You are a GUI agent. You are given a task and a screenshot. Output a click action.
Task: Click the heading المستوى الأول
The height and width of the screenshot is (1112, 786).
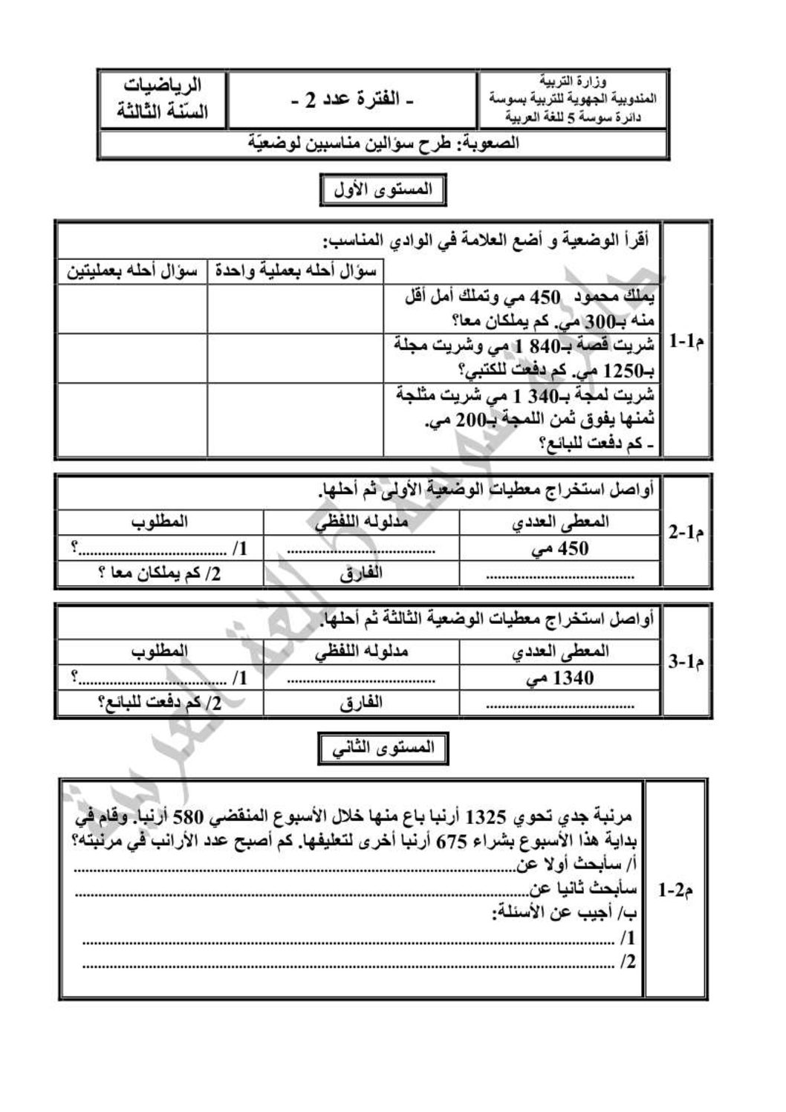[383, 190]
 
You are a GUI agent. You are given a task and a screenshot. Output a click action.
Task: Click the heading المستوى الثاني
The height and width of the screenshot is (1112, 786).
[383, 749]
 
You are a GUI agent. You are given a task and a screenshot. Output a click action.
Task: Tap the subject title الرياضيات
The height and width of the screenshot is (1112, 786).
[162, 84]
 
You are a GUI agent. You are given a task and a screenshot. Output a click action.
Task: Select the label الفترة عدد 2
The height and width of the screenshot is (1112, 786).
[352, 100]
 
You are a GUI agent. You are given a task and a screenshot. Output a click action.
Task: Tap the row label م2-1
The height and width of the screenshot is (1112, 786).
[675, 888]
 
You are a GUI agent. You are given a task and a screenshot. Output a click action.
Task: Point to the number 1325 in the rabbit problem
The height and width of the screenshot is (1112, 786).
[484, 818]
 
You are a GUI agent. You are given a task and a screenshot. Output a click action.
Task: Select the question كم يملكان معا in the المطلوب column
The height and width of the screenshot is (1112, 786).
[159, 573]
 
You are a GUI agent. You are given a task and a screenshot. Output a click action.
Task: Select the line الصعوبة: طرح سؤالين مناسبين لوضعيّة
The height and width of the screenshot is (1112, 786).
[383, 143]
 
